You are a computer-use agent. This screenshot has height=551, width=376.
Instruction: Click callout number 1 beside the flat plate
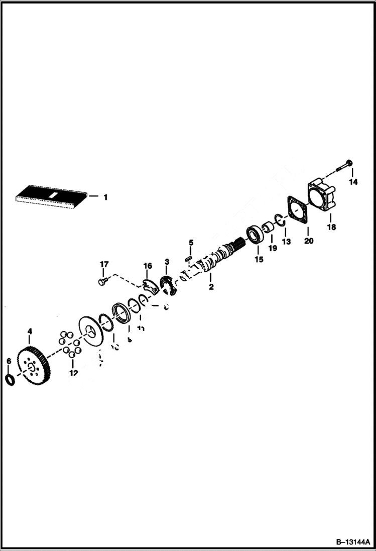pyautogui.click(x=105, y=197)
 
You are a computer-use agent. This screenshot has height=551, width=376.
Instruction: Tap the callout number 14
pyautogui.click(x=353, y=182)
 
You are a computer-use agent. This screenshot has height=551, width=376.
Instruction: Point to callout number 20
pyautogui.click(x=309, y=241)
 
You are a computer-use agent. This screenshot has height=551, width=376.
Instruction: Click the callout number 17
pyautogui.click(x=104, y=264)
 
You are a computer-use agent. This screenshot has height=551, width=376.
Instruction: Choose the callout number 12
pyautogui.click(x=74, y=373)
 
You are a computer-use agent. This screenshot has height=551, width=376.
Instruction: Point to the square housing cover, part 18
pyautogui.click(x=323, y=196)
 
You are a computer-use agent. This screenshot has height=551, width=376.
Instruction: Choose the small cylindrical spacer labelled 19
pyautogui.click(x=269, y=231)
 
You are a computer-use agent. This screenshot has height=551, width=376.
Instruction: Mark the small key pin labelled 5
pyautogui.click(x=189, y=258)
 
